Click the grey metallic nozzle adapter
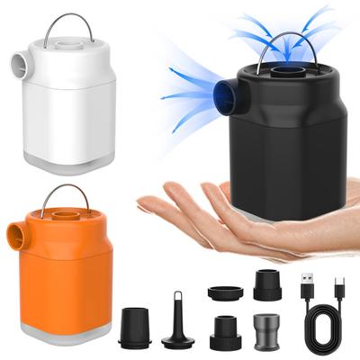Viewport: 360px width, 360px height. click(266, 330)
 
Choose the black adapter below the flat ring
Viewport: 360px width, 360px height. click(224, 330)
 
